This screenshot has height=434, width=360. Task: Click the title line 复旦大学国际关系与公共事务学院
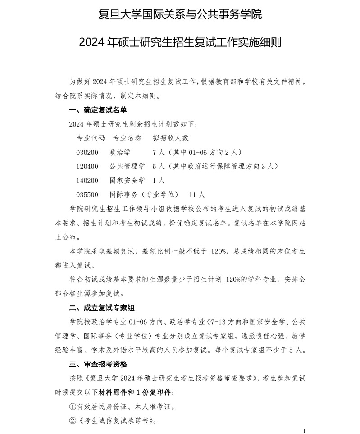click(180, 15)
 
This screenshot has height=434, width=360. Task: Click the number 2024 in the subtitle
click(93, 43)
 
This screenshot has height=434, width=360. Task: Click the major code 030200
click(87, 152)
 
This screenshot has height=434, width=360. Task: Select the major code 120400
click(87, 167)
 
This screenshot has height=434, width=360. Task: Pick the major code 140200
click(87, 181)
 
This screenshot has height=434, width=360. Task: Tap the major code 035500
click(87, 195)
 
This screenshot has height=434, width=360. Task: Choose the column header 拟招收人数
click(171, 138)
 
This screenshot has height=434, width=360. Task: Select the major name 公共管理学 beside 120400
click(127, 167)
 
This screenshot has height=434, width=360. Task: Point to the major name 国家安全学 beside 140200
click(127, 181)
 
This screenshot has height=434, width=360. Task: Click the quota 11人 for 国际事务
click(197, 195)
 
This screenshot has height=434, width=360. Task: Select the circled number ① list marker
click(73, 407)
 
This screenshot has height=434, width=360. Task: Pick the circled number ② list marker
click(73, 421)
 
